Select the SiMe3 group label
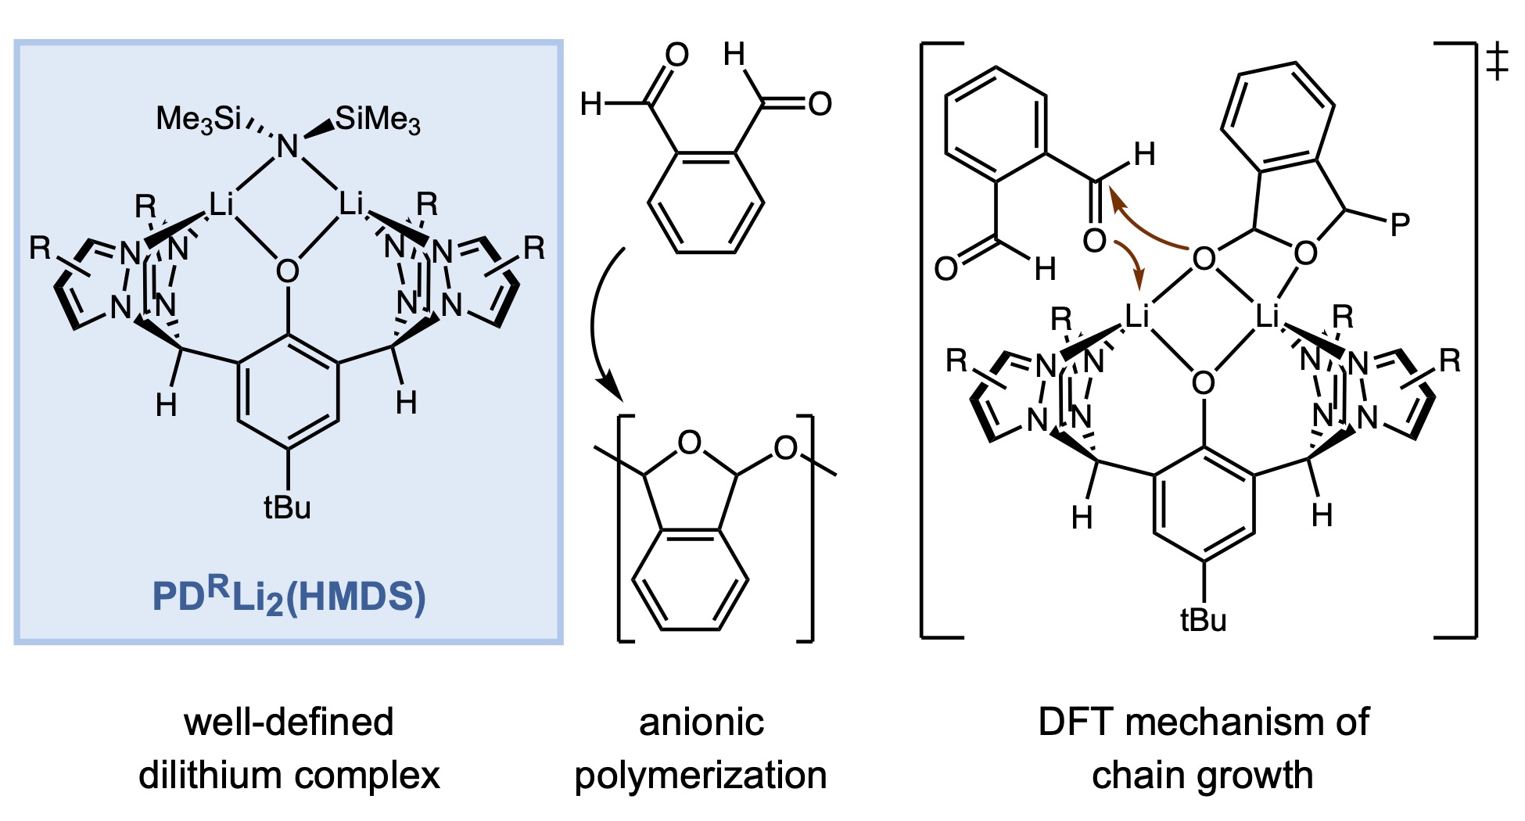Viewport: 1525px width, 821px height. tap(378, 119)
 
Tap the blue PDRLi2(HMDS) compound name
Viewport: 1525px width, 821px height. tap(289, 597)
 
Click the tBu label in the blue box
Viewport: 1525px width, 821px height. tap(287, 507)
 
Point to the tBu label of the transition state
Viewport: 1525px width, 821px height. tap(1203, 620)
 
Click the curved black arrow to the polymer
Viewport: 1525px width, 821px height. tap(598, 321)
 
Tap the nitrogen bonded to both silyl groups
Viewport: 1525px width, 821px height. tap(288, 146)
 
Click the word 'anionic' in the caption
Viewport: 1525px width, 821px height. tap(701, 722)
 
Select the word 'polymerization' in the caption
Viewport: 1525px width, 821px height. tap(701, 775)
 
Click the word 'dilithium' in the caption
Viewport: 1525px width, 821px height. tap(210, 775)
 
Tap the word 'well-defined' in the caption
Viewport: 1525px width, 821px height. tap(289, 722)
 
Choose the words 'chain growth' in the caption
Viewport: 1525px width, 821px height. tap(1202, 775)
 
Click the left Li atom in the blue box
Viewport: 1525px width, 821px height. tap(221, 205)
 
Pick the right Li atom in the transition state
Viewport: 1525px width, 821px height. tap(1267, 317)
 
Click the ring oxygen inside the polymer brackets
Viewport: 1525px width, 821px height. tap(689, 443)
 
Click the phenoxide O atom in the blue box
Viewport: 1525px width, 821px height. tap(287, 271)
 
